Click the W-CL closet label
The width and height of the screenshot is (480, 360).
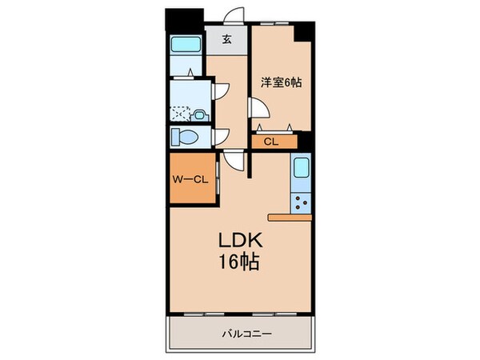[x=190, y=178]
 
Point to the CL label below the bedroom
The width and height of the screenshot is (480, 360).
[x=270, y=142]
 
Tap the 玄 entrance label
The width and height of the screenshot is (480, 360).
[x=226, y=38]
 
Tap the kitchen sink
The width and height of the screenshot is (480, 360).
[x=302, y=169]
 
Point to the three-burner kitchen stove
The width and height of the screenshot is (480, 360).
[x=302, y=203]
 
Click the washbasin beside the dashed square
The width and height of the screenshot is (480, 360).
[x=199, y=114]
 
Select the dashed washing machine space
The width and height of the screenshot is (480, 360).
[x=182, y=114]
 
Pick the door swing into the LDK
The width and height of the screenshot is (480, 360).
[x=233, y=160]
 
